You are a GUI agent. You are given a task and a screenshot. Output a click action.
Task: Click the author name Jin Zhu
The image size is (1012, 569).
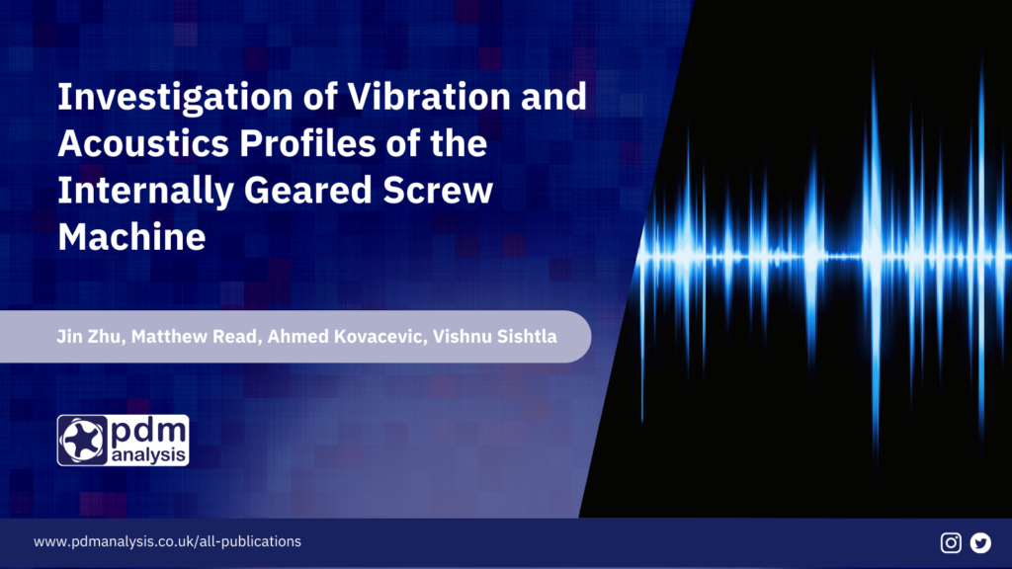click(88, 337)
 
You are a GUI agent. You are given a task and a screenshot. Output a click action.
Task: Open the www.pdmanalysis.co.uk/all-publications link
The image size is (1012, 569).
click(167, 542)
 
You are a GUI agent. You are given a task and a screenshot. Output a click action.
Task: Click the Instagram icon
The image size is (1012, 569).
click(951, 542)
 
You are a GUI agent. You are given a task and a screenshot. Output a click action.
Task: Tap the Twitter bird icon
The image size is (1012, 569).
click(980, 542)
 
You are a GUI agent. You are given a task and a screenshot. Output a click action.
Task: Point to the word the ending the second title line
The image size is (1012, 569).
click(457, 143)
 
